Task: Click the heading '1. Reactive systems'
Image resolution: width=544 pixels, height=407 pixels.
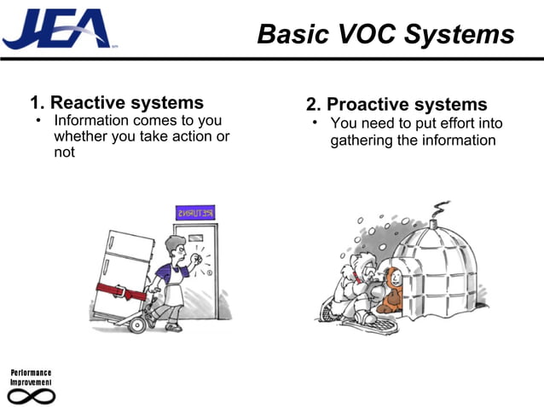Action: [x=117, y=104]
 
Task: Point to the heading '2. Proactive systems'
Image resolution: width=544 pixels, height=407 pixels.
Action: [x=396, y=105]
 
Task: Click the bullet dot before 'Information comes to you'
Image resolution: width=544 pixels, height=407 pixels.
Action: [x=38, y=122]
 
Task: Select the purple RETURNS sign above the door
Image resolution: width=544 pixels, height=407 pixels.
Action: [x=195, y=212]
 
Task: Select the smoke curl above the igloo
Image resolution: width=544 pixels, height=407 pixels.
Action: [x=441, y=209]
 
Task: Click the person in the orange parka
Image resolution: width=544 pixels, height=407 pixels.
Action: [x=392, y=289]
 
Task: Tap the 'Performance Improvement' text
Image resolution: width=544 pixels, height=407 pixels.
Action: [x=31, y=378]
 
